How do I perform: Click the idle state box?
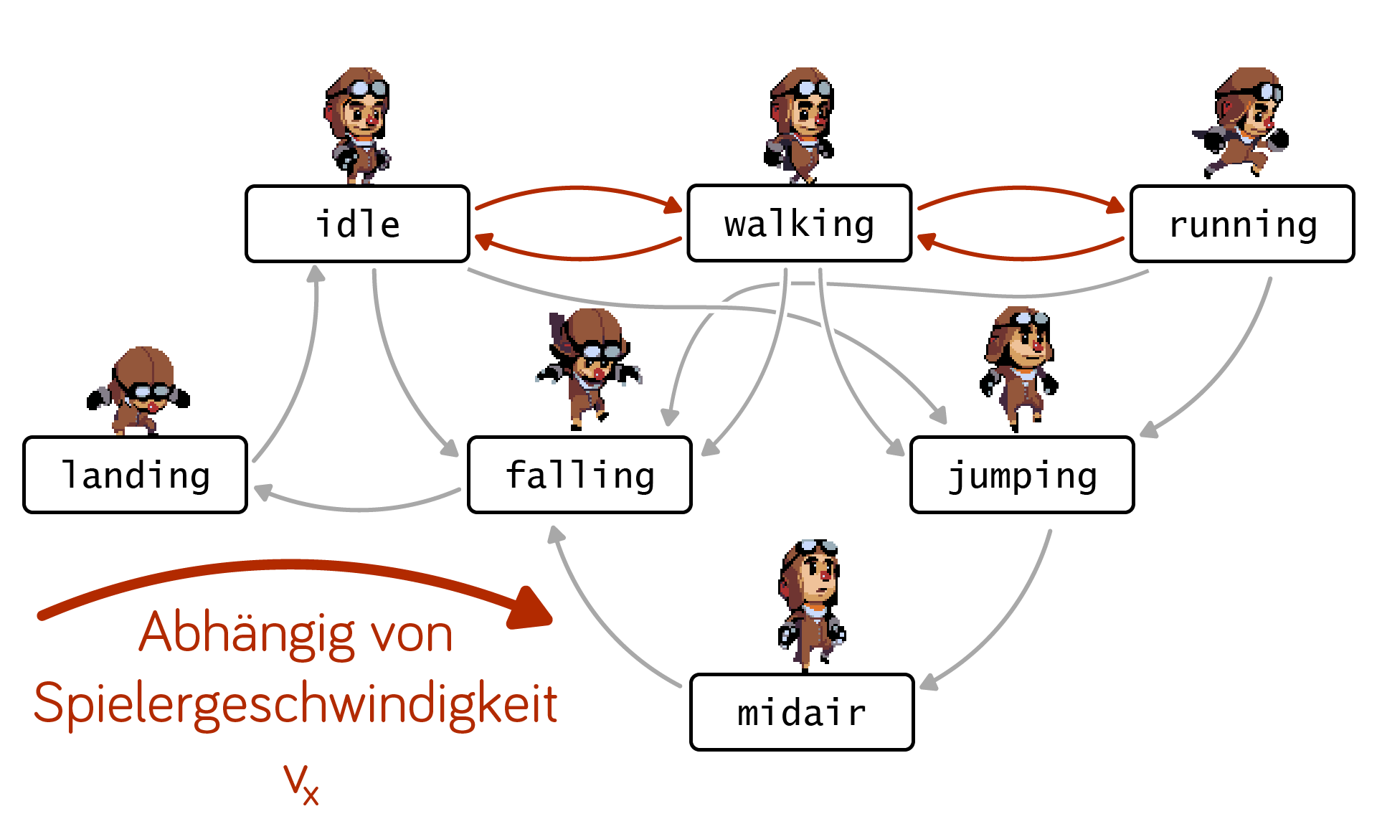coord(357,224)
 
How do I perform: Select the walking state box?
coord(799,224)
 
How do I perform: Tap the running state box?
coord(1242,224)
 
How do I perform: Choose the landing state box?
coord(135,475)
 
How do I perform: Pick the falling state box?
coord(579,475)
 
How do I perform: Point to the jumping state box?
coord(1022,475)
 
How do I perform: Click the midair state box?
coord(802,712)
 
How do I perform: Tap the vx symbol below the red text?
coord(301,783)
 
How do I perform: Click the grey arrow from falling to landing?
coord(359,506)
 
